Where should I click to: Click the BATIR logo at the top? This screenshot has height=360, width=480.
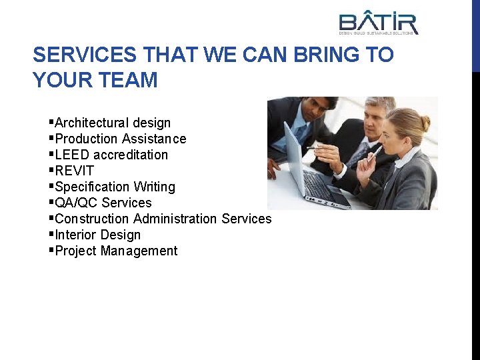378,22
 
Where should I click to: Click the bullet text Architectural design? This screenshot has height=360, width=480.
113,123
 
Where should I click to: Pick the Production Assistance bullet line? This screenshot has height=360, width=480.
121,139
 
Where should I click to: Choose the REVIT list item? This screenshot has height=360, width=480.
74,171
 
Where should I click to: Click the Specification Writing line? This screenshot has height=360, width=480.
115,187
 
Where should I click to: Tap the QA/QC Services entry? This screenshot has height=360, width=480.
103,203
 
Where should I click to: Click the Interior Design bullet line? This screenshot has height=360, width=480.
98,235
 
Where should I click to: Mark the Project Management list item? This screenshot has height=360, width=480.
116,251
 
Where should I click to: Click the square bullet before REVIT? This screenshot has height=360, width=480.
51,170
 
